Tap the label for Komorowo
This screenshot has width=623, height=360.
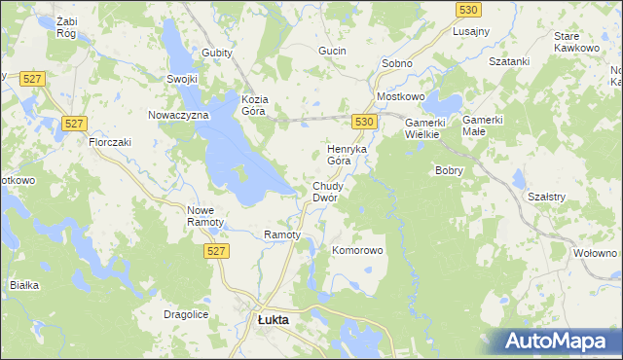358,250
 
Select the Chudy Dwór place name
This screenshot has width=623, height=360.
324,192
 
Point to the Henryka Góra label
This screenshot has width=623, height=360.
345,155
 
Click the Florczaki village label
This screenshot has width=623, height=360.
110,142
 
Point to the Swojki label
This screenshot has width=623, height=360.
182,80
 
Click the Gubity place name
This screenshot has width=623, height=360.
218,53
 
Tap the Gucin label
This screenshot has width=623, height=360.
333,50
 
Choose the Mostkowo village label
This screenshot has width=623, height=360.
401,98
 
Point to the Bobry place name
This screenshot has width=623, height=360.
449,170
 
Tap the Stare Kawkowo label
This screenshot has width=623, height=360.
573,42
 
